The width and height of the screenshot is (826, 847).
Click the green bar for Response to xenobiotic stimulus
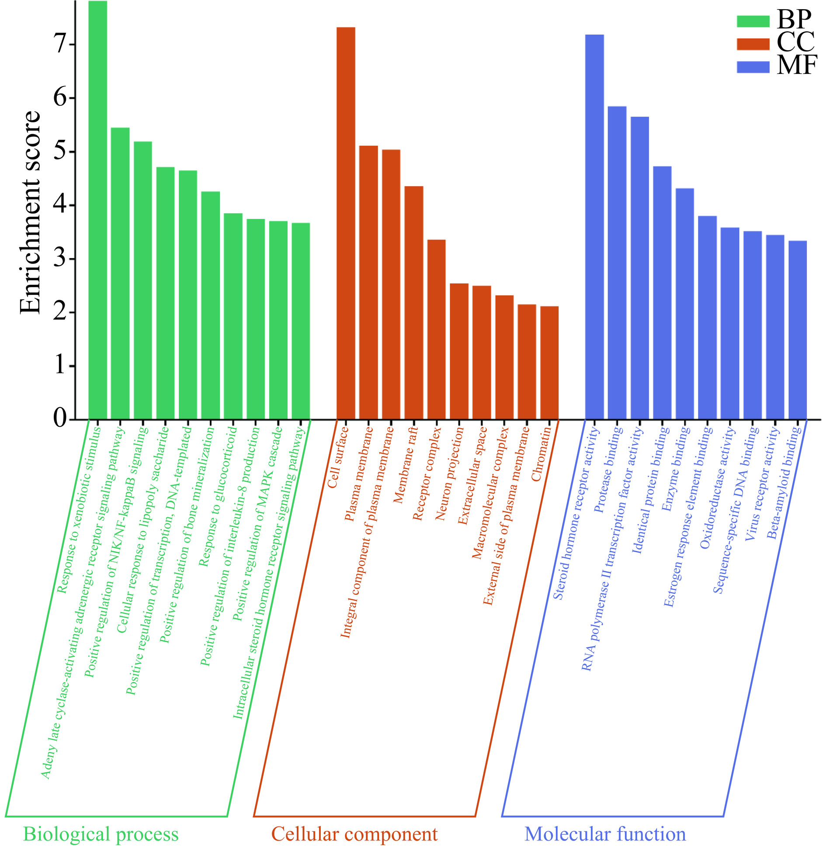click(97, 210)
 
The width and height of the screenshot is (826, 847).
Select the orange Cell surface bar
click(346, 223)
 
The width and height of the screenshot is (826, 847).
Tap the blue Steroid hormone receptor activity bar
click(594, 227)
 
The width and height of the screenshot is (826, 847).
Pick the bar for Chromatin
click(549, 363)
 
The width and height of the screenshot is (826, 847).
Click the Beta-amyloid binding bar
click(798, 330)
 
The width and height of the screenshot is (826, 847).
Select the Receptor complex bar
click(436, 329)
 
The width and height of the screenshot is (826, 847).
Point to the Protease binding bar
click(617, 263)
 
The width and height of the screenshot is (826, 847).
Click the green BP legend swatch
click(753, 21)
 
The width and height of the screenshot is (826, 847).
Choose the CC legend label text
click(795, 42)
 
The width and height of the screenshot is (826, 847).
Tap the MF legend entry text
click(797, 66)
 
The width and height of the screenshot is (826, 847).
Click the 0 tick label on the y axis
click(60, 418)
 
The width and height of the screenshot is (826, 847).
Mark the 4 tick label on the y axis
click(60, 204)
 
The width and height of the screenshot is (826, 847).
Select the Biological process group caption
click(101, 833)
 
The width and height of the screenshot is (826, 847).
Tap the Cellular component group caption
click(354, 833)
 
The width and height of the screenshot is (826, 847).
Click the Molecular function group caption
click(605, 833)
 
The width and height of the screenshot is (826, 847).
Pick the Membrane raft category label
click(406, 465)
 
